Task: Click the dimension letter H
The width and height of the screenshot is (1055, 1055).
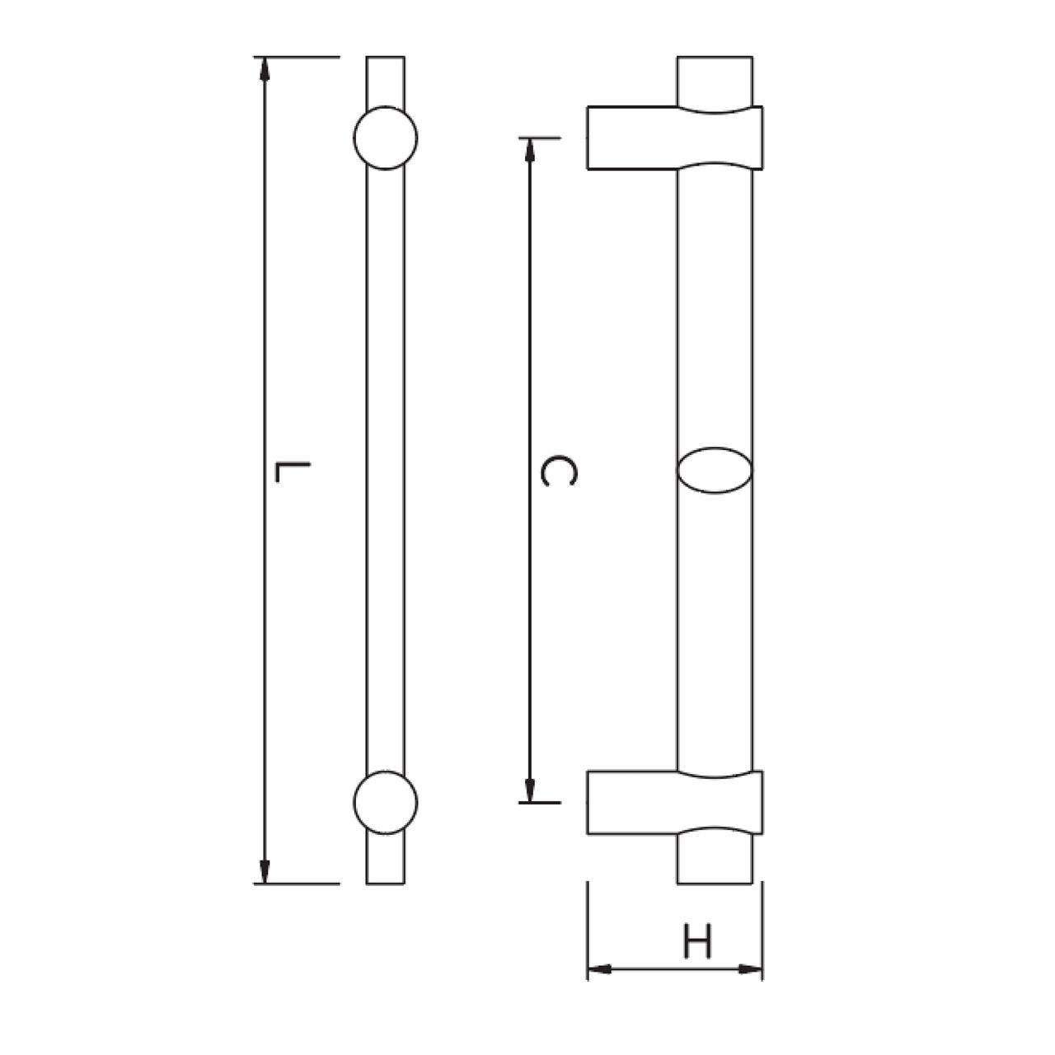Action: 697,942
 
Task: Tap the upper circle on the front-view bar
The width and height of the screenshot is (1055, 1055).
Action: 385,138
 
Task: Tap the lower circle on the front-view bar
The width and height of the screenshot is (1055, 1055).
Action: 385,802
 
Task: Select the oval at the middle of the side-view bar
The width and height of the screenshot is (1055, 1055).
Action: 715,471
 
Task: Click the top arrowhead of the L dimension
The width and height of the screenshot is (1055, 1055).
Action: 265,68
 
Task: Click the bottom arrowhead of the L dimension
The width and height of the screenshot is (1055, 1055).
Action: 265,872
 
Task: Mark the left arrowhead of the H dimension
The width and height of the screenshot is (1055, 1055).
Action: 598,969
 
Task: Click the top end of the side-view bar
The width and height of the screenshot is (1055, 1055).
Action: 715,59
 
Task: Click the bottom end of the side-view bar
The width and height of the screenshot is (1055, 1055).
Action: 715,880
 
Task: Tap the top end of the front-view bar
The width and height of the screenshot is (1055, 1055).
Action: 385,59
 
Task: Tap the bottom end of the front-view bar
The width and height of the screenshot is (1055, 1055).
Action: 385,880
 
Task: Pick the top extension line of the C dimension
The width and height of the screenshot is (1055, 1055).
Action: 540,137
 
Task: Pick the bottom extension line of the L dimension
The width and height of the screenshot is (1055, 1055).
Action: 297,884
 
